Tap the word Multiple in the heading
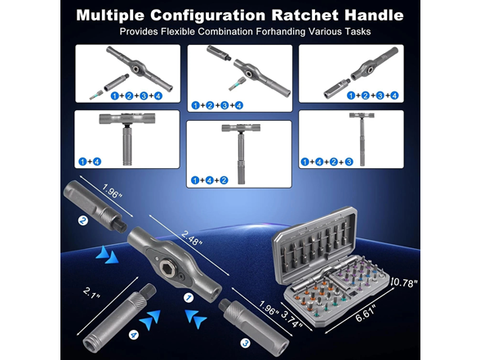point(115,15)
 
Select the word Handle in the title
point(372,15)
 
